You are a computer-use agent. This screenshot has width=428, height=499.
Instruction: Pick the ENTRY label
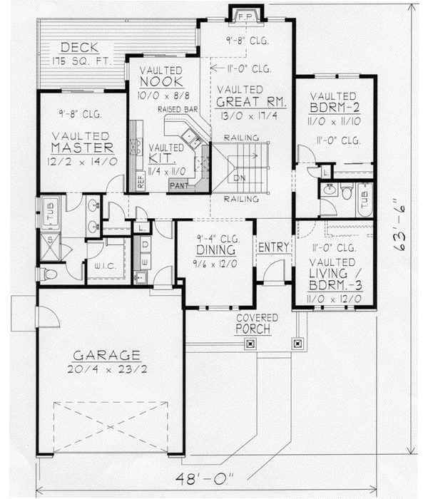(273, 247)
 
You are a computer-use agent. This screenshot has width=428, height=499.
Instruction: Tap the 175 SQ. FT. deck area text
(81, 61)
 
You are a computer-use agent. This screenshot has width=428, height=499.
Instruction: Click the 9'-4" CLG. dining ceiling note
(214, 239)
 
